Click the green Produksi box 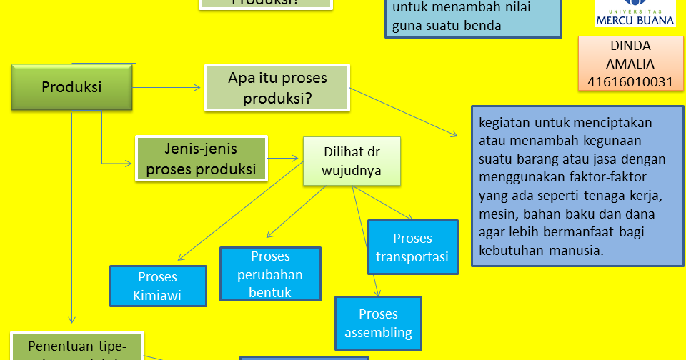click(71, 87)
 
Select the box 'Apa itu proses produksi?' click(277, 88)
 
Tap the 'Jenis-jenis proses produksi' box click(201, 159)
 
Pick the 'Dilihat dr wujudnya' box click(351, 161)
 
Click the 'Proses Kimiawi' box click(158, 286)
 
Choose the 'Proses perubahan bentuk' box click(270, 274)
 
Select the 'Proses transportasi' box click(412, 247)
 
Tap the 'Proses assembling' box click(378, 323)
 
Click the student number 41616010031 click(630, 81)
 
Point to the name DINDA click(630, 46)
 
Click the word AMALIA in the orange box click(630, 64)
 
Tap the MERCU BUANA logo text click(635, 21)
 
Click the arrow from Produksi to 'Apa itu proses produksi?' click(167, 88)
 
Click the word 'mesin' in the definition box click(496, 214)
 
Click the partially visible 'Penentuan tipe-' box click(77, 346)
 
